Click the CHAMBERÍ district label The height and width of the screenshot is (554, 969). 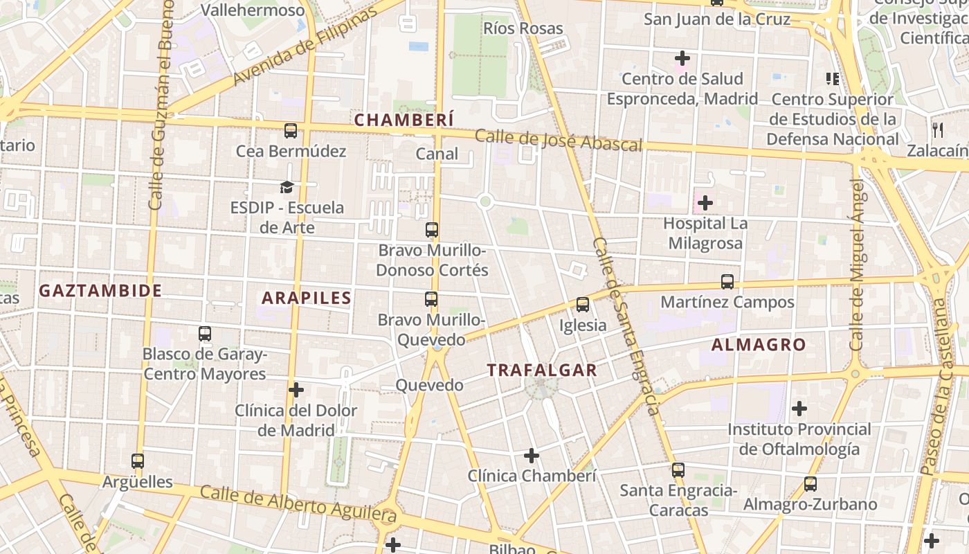tap(404, 120)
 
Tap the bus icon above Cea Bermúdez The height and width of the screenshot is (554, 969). tap(291, 130)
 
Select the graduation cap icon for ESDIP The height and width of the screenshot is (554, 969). tap(287, 186)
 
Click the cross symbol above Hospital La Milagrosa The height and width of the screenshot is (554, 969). tap(705, 203)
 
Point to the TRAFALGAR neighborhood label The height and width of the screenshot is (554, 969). tap(542, 370)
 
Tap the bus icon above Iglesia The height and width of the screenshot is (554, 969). tap(583, 305)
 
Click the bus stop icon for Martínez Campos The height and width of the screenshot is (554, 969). tap(727, 282)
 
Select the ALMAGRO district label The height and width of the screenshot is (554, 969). tap(759, 344)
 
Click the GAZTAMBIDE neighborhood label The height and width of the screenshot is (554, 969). tap(100, 290)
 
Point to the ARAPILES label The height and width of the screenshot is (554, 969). tap(307, 298)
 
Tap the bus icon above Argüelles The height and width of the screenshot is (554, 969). tap(138, 461)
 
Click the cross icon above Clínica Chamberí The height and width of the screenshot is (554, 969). tap(531, 456)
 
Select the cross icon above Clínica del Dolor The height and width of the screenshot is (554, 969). tap(296, 390)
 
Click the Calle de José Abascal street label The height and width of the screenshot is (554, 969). tap(559, 141)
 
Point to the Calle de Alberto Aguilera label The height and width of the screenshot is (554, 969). tap(298, 504)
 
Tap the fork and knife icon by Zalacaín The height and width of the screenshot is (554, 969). tap(938, 129)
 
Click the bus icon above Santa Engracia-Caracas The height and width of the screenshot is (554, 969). tap(678, 470)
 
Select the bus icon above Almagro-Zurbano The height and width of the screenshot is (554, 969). tap(810, 484)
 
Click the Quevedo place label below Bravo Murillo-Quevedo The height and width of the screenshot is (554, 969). tap(429, 385)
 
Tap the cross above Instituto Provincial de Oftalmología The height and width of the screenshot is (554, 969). tap(799, 409)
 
